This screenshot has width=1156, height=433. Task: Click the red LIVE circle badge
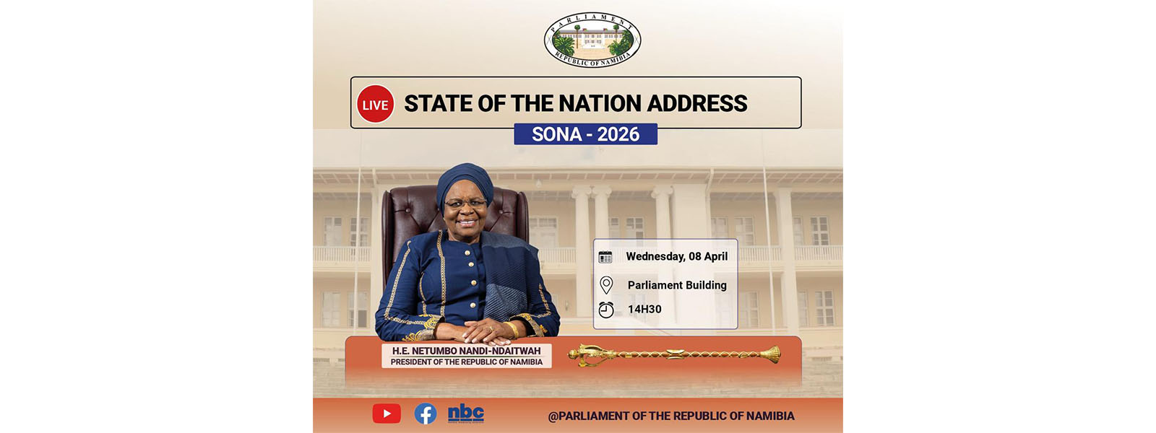tap(375, 104)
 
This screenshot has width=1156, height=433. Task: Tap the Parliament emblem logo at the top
tap(592, 40)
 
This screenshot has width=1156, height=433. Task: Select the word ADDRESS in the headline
tap(696, 103)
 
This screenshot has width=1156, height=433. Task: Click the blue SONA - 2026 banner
tap(585, 134)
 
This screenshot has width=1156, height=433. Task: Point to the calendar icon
tap(605, 257)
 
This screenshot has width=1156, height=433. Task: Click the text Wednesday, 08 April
tap(676, 256)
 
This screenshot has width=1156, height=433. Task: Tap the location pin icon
tap(606, 285)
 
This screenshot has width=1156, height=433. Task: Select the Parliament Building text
tap(677, 285)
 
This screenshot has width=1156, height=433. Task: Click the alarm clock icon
tap(606, 310)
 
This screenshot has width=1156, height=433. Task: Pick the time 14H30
tap(644, 310)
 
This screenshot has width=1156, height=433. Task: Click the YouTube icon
tap(387, 414)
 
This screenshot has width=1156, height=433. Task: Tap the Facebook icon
tap(426, 414)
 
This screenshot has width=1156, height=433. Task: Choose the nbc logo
tap(465, 414)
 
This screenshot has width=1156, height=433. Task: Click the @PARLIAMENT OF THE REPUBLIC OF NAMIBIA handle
tap(671, 416)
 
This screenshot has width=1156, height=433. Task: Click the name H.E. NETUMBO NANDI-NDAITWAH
tap(467, 351)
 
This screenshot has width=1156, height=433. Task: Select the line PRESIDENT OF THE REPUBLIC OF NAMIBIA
tap(467, 362)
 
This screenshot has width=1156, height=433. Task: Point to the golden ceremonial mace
tap(674, 354)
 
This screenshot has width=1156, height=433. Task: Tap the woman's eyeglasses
tap(465, 204)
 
